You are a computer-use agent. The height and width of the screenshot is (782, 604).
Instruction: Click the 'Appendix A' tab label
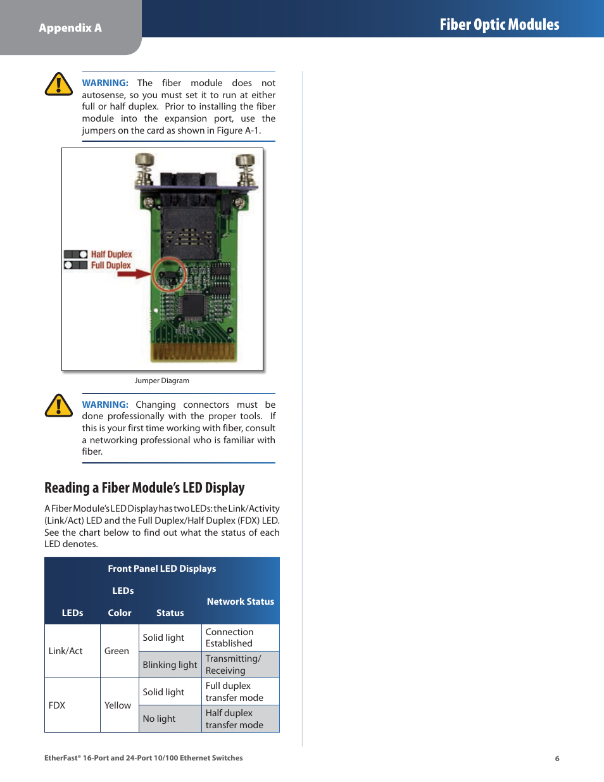pyautogui.click(x=70, y=28)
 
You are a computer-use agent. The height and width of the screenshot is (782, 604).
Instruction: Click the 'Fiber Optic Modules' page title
pyautogui.click(x=499, y=25)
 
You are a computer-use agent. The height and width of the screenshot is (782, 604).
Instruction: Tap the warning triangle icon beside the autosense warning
pyautogui.click(x=59, y=84)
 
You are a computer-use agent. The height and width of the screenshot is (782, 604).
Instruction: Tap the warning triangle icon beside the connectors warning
pyautogui.click(x=59, y=406)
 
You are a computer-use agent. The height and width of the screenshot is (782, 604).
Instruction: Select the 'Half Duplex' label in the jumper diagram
pyautogui.click(x=111, y=255)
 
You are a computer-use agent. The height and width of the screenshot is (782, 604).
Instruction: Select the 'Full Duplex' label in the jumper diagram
pyautogui.click(x=111, y=265)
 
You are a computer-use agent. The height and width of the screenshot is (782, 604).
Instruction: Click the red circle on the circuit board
pyautogui.click(x=169, y=274)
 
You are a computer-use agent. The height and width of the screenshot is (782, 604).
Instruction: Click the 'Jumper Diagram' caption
pyautogui.click(x=161, y=381)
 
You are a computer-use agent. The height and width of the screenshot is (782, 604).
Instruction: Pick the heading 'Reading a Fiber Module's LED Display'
pyautogui.click(x=144, y=488)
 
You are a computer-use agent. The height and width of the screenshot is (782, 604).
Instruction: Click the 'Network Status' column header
pyautogui.click(x=240, y=602)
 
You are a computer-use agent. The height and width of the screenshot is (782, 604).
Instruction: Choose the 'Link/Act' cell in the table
pyautogui.click(x=66, y=651)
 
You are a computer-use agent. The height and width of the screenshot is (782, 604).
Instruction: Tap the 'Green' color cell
pyautogui.click(x=116, y=651)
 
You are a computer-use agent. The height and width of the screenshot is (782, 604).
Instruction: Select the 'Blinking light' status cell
pyautogui.click(x=170, y=665)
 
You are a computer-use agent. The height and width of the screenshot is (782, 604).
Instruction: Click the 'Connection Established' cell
pyautogui.click(x=229, y=638)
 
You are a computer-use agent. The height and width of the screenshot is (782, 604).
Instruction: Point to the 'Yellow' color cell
pyautogui.click(x=118, y=705)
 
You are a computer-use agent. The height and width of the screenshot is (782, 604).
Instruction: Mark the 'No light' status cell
pyautogui.click(x=159, y=719)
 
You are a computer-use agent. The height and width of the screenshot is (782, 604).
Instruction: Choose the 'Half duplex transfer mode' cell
pyautogui.click(x=234, y=719)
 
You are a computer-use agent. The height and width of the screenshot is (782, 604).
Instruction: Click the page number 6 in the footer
pyautogui.click(x=557, y=759)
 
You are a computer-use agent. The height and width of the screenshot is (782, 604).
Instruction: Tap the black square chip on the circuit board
pyautogui.click(x=192, y=306)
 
